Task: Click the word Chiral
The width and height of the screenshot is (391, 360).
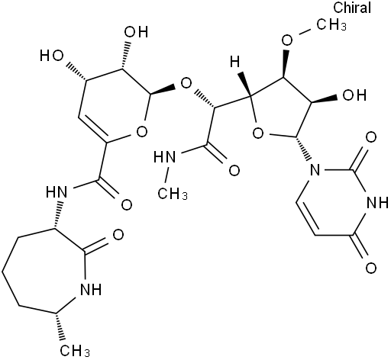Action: tap(352, 8)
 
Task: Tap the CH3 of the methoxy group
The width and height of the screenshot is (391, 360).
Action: tap(331, 25)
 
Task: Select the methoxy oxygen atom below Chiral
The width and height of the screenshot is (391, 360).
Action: tap(287, 40)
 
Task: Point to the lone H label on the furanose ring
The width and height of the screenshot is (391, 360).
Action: tap(235, 62)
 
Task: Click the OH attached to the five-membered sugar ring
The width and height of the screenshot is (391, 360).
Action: tap(354, 95)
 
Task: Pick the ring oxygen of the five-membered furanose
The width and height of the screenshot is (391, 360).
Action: tap(257, 133)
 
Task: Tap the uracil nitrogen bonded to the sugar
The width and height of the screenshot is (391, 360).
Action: tap(315, 169)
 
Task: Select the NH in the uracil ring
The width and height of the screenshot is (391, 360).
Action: tap(377, 203)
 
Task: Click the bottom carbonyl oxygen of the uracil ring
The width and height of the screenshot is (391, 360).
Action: tap(370, 268)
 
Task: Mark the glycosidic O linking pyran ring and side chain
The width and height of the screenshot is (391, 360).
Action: tap(186, 83)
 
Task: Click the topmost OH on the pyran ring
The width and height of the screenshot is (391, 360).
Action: tap(136, 32)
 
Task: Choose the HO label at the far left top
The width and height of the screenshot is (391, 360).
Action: tap(52, 56)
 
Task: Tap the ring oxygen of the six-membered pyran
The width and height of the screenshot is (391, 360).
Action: tap(142, 132)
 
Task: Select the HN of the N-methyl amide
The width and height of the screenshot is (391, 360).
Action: tap(164, 157)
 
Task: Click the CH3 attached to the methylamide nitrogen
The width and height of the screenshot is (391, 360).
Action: tap(173, 194)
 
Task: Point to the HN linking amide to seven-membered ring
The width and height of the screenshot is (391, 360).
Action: tap(57, 191)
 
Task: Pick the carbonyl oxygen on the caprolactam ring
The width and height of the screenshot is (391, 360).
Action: tap(118, 235)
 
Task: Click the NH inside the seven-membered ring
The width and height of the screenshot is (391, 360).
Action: tap(91, 289)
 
